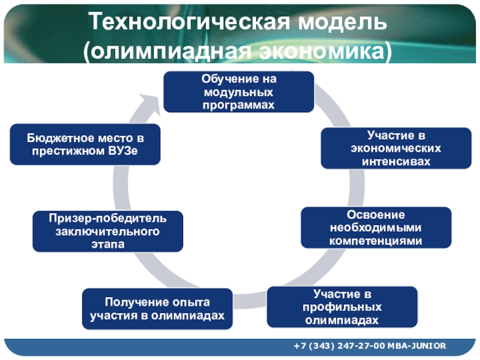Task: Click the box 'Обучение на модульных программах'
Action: coord(239,92)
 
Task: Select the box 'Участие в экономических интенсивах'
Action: coord(396,148)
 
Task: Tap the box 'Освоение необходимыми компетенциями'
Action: coord(376,227)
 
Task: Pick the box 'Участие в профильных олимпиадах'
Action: coord(342,307)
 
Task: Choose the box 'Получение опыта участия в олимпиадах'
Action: coord(157,309)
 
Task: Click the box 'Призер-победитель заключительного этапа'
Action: coord(108,232)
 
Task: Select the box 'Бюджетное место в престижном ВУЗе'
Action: coord(85,145)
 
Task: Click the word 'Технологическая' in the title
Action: coord(189,22)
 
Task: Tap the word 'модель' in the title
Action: coord(343,22)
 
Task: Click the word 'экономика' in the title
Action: coord(322,51)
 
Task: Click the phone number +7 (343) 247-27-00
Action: coord(339,346)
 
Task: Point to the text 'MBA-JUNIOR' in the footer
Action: coord(416,346)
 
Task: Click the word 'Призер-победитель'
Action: coord(108,218)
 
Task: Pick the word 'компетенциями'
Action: coord(376,241)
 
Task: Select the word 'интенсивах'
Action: coord(396,161)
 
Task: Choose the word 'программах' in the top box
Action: coord(238,106)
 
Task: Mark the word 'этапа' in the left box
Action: coord(108,245)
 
